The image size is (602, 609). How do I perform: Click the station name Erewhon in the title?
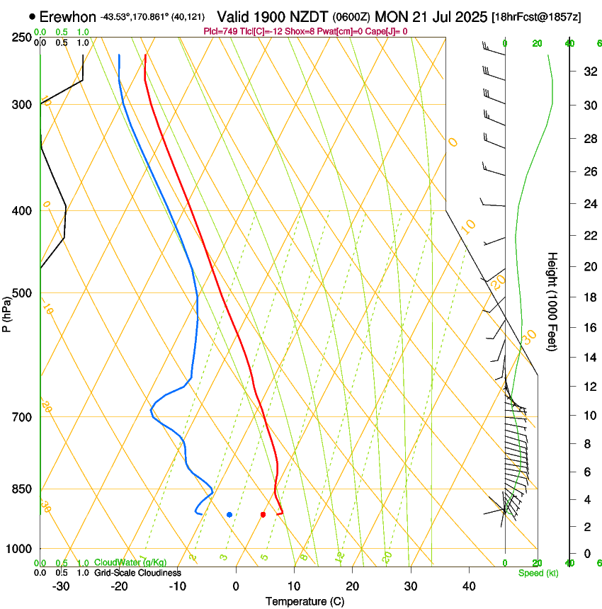click(x=68, y=16)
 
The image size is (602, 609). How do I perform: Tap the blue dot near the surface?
click(x=229, y=515)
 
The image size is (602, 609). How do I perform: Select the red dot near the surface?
click(x=263, y=515)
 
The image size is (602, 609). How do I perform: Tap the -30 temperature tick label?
click(x=61, y=586)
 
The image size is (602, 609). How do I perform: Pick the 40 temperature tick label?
click(x=468, y=586)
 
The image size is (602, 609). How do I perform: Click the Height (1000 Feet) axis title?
click(x=552, y=301)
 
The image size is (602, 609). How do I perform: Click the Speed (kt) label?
click(x=538, y=573)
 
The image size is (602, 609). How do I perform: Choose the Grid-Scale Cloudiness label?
click(x=137, y=573)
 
